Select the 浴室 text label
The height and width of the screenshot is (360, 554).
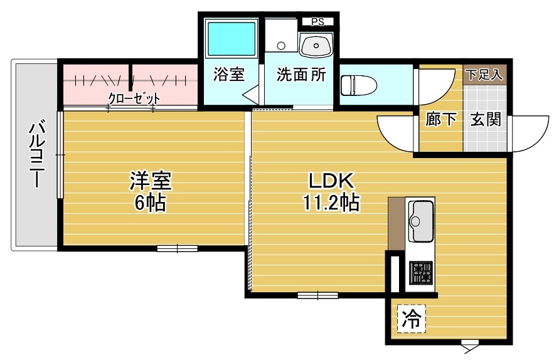point(228,75)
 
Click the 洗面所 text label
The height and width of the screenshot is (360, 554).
point(301,75)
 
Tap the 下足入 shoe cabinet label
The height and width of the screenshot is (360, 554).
point(484,74)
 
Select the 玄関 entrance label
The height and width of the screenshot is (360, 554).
point(486,119)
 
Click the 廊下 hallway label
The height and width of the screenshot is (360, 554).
point(441,119)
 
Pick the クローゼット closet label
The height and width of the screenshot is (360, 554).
point(134,99)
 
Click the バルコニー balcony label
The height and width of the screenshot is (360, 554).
point(35,153)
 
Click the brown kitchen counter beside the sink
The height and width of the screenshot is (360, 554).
point(397,223)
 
